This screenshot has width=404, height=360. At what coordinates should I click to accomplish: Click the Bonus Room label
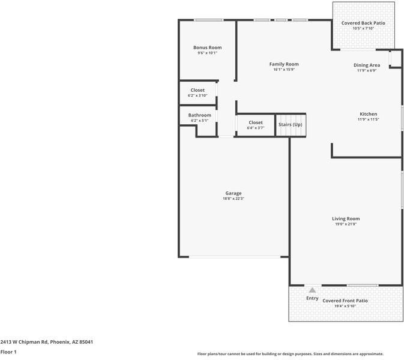pyautogui.click(x=207, y=47)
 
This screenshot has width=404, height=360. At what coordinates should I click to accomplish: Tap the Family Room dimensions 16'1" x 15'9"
pyautogui.click(x=283, y=70)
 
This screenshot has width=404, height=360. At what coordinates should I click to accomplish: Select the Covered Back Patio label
pyautogui.click(x=363, y=23)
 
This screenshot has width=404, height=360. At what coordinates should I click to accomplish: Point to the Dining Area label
pyautogui.click(x=366, y=65)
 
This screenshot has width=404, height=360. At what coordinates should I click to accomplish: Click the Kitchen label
pyautogui.click(x=368, y=114)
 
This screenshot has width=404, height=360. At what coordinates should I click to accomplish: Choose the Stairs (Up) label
pyautogui.click(x=291, y=125)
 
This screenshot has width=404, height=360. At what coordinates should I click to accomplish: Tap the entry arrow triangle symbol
pyautogui.click(x=312, y=290)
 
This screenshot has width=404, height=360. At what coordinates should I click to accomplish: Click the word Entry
pyautogui.click(x=312, y=298)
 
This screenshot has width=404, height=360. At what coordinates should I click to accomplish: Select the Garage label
pyautogui.click(x=234, y=193)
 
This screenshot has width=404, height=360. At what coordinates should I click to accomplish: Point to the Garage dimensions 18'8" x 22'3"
pyautogui.click(x=234, y=199)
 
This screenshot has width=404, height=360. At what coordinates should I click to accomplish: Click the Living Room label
pyautogui.click(x=346, y=218)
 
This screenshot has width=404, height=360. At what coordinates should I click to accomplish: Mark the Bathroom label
pyautogui.click(x=199, y=115)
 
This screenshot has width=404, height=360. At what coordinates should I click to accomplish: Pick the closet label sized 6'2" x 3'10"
pyautogui.click(x=197, y=90)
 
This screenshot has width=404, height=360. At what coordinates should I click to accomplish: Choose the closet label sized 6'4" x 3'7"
pyautogui.click(x=256, y=122)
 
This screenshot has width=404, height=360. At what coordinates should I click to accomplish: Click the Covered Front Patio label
pyautogui.click(x=345, y=301)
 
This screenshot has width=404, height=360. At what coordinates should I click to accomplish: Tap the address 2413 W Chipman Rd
pyautogui.click(x=24, y=341)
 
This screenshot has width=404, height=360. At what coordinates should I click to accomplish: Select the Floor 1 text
pyautogui.click(x=8, y=352)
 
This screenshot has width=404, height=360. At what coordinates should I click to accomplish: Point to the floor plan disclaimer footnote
pyautogui.click(x=291, y=354)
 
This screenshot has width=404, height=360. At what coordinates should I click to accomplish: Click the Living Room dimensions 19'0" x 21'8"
pyautogui.click(x=346, y=224)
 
